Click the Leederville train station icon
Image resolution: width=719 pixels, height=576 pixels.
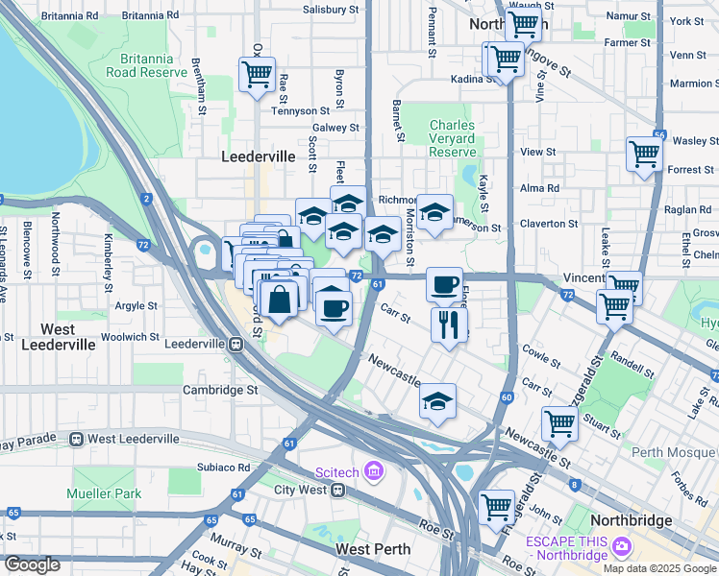point(236,344)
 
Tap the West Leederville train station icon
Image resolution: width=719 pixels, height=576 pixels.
point(76,439)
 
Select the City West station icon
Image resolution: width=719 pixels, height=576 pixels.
point(337,490)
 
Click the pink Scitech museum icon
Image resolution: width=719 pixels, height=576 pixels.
point(374,471)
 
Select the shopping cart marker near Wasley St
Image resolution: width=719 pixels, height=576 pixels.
point(644,154)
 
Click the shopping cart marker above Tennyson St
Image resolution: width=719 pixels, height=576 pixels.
point(257,74)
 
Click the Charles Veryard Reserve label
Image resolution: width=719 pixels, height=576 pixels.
point(453,139)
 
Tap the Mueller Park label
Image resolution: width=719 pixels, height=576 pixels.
point(103,493)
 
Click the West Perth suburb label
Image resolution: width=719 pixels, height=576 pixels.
point(374,549)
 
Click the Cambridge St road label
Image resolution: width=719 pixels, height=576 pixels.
point(220,391)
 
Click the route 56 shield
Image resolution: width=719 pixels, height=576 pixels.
point(658,137)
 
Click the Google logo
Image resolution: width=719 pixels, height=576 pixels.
point(32,564)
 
